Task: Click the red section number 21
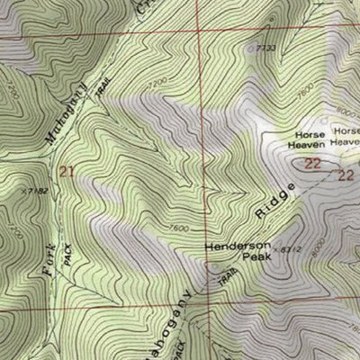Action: (66, 170)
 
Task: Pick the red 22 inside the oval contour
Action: (312, 163)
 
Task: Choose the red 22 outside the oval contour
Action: (346, 176)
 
